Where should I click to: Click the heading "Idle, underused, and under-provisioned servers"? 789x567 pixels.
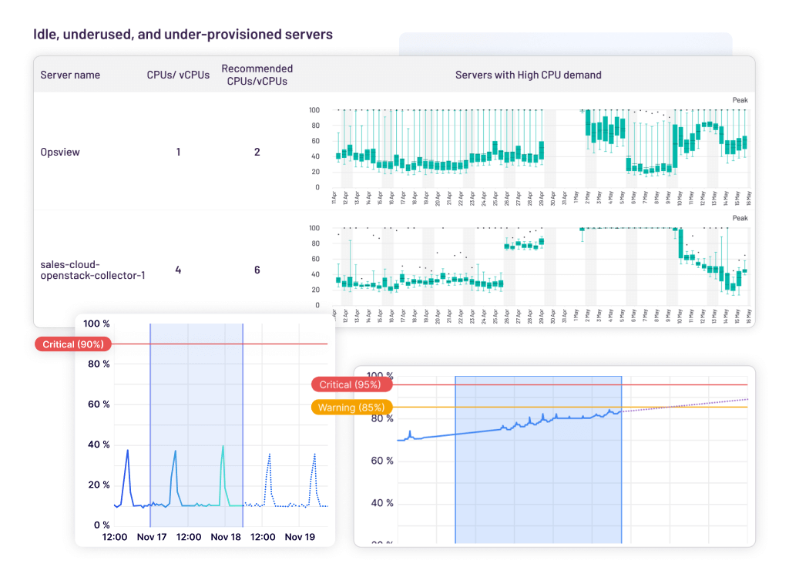pos(183,35)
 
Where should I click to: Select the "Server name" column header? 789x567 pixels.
pos(70,75)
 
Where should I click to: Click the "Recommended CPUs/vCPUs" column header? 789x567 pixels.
pos(257,75)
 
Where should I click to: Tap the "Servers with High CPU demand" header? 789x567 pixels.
pos(528,75)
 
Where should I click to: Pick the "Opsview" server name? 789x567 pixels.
pos(60,152)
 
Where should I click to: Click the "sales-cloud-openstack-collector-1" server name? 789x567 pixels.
pos(92,270)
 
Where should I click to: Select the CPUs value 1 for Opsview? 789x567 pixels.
pos(178,152)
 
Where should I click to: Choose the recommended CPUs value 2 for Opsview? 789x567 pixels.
pos(257,152)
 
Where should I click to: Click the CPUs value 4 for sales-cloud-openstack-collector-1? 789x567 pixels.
pos(178,270)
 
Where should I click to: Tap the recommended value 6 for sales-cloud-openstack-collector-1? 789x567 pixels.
pos(257,270)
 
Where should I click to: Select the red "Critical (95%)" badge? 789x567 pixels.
pos(351,384)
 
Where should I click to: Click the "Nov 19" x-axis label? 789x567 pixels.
pos(300,537)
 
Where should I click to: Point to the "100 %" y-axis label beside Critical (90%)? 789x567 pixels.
pos(96,324)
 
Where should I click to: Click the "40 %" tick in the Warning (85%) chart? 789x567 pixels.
pos(379,503)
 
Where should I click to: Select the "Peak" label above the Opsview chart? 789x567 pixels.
pos(740,99)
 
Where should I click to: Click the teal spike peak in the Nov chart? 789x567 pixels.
pos(223,446)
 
